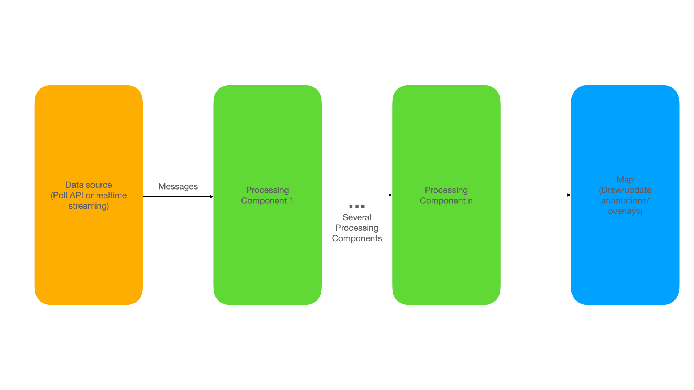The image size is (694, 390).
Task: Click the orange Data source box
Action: (89, 195)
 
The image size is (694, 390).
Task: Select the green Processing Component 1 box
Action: (267, 195)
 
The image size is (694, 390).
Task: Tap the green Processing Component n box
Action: (446, 195)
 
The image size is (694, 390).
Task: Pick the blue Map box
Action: (625, 195)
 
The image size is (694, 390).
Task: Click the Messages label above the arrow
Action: (178, 187)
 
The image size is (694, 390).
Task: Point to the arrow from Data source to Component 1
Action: (178, 197)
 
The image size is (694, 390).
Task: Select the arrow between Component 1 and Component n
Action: (357, 195)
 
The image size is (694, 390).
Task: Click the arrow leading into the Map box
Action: (536, 195)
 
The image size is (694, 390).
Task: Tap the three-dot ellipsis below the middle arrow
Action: (357, 207)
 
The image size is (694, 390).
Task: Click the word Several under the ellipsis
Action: (357, 217)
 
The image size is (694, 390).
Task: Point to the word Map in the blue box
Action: (625, 180)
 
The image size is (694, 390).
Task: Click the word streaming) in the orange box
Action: (89, 206)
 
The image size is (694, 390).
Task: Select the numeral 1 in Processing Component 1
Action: (291, 201)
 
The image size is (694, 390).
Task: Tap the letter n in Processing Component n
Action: (470, 201)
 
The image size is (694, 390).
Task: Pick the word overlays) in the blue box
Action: (625, 211)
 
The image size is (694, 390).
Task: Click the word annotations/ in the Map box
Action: (625, 201)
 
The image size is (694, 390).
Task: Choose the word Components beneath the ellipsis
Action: (357, 239)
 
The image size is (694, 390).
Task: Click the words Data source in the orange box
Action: (89, 185)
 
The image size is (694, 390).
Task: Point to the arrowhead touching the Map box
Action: (569, 195)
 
